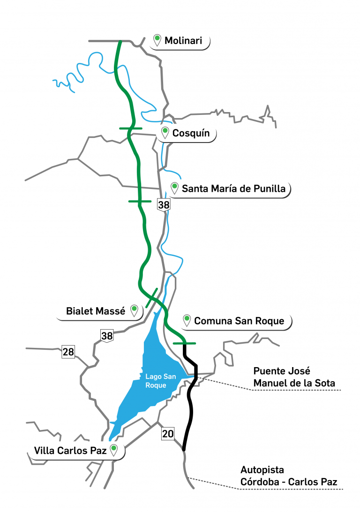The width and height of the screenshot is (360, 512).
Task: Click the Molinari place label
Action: point(183,41)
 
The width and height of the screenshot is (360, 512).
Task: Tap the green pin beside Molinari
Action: point(157,39)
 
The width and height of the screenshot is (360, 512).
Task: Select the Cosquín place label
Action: point(191,133)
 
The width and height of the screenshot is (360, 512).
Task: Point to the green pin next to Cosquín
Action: point(165,132)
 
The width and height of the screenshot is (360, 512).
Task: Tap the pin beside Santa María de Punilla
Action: point(175,188)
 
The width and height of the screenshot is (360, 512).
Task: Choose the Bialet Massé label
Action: point(96,311)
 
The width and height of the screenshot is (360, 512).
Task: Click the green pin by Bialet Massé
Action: point(134,309)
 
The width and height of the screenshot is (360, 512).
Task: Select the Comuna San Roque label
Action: point(239,321)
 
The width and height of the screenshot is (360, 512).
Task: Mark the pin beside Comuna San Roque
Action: point(187,320)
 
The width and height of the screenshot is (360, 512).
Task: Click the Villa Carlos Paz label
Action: point(70,451)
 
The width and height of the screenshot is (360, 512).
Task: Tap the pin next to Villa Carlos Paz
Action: point(113,450)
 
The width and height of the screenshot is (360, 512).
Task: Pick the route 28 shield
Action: point(68,352)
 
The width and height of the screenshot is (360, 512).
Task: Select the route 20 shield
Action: point(168,434)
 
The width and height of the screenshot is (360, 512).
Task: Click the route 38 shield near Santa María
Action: point(164,205)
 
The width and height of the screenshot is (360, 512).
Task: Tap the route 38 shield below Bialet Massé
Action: point(107,335)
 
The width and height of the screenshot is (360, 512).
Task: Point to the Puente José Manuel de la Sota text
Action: point(294,377)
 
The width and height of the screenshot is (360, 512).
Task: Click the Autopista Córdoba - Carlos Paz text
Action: point(289,475)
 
